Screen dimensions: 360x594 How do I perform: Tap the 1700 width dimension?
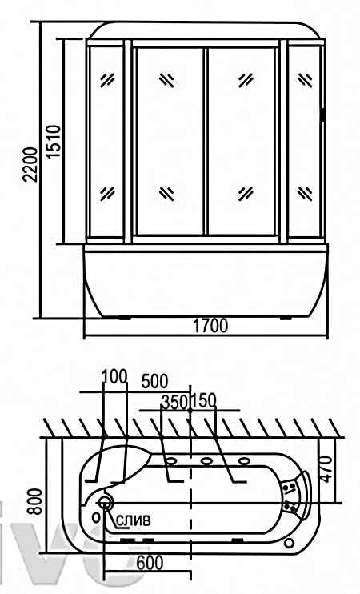tap(211, 326)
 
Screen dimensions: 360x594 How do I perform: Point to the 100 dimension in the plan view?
tap(114, 377)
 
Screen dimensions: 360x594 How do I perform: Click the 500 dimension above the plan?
tap(154, 382)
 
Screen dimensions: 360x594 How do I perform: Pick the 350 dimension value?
tap(174, 402)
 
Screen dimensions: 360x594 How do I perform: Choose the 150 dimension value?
tap(204, 401)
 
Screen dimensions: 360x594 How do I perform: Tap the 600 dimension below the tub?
tap(150, 563)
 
